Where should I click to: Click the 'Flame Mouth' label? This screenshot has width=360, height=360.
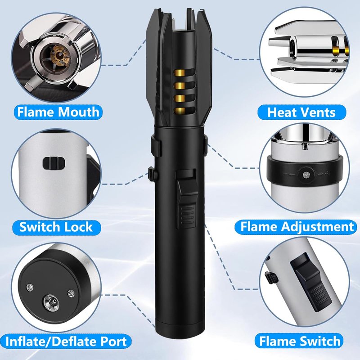point(58,112)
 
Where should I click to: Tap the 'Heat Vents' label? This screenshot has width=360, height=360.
point(301,112)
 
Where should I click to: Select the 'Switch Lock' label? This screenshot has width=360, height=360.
point(56,227)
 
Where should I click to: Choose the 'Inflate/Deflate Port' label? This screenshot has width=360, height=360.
point(66,342)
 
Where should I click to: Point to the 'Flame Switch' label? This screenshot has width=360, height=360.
point(300,341)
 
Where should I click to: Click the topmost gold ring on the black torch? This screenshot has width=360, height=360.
point(179,73)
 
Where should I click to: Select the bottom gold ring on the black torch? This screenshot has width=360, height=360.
point(179,111)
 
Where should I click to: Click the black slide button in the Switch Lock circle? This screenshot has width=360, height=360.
point(54,163)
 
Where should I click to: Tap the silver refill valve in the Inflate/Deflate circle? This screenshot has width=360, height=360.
point(52,301)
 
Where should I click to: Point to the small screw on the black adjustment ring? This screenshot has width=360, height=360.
point(305,175)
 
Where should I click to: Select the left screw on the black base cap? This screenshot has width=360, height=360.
point(30,287)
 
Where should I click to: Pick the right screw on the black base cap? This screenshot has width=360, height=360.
point(71,293)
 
